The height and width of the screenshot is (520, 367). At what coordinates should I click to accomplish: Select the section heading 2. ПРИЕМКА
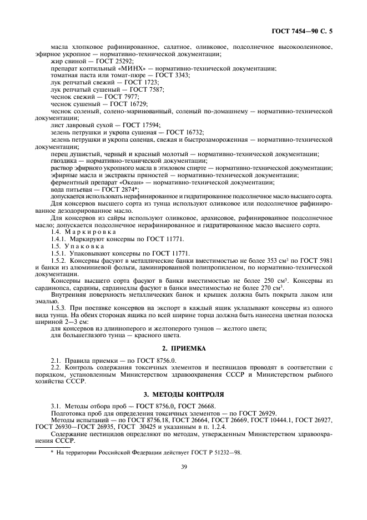(183, 348)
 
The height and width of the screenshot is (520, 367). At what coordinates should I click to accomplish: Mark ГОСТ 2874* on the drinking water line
(117, 189)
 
